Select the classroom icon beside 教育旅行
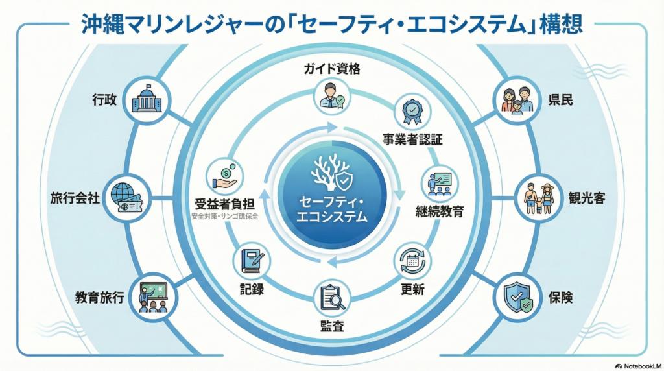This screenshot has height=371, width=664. (x=153, y=296)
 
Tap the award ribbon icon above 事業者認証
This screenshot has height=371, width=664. (x=412, y=112)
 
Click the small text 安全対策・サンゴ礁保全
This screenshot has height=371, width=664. (x=224, y=216)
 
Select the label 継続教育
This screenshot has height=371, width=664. (x=440, y=211)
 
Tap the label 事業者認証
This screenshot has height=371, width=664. (x=412, y=139)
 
